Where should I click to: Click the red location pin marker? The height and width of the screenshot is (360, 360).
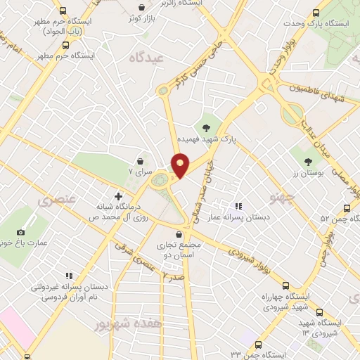[181, 165]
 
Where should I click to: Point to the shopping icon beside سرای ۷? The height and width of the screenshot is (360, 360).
[141, 160]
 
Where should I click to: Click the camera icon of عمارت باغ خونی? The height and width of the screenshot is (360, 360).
[20, 232]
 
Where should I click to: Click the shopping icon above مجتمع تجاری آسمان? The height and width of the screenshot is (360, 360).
[179, 232]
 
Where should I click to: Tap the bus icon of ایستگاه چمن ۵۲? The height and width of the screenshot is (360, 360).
[346, 208]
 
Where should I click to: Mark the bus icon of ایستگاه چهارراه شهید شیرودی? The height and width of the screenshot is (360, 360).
[285, 285]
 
